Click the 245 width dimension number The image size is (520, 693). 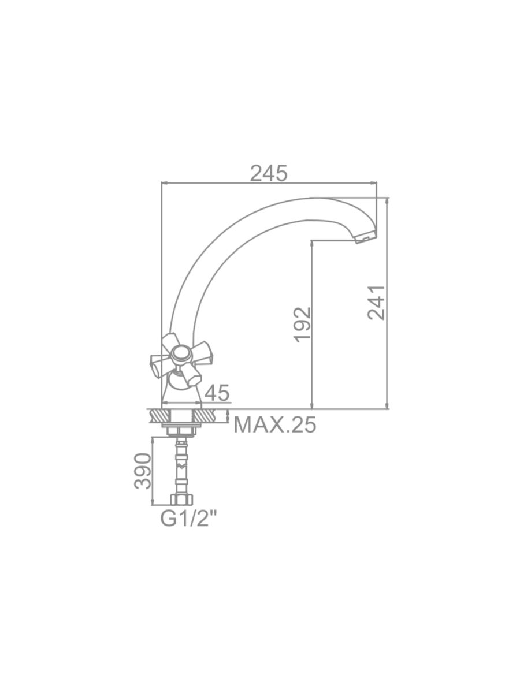269,173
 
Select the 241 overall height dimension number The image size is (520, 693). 376,303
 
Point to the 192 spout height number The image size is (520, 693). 302,325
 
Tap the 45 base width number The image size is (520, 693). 217,393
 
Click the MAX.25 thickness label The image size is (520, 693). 274,424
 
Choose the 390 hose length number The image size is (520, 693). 143,471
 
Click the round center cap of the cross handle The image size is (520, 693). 180,354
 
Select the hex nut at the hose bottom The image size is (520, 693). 182,500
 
